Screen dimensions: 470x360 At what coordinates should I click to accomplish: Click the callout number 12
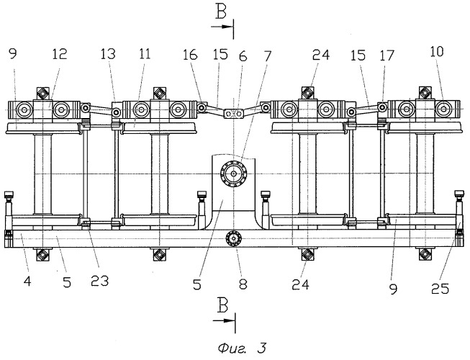(59, 55)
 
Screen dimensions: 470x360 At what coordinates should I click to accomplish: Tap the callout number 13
(108, 54)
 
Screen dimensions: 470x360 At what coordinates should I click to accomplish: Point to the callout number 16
(190, 55)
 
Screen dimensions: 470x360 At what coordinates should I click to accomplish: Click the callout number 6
(243, 56)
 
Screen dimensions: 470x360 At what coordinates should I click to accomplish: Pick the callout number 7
(267, 56)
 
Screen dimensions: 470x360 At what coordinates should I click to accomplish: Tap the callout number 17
(387, 55)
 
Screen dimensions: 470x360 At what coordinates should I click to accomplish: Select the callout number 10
(437, 52)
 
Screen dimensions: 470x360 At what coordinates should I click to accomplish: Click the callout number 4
(27, 281)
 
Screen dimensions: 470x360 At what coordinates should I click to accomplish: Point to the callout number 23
(99, 281)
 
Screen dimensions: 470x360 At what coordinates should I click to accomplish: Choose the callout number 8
(243, 284)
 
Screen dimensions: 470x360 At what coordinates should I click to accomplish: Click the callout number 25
(440, 288)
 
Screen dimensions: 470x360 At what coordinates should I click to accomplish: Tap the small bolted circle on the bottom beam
(233, 239)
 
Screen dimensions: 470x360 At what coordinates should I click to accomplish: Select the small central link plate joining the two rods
(234, 113)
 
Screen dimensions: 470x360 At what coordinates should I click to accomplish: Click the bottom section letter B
(222, 306)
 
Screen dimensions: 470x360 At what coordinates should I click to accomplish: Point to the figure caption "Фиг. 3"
(242, 348)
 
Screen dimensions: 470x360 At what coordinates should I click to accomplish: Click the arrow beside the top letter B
(222, 27)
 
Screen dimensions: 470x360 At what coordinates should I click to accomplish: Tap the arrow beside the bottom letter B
(224, 320)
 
